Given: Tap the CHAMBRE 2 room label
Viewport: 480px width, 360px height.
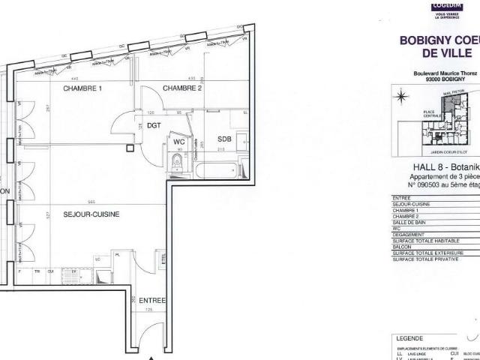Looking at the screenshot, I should (182, 88).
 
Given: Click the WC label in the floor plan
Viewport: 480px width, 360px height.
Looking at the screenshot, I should (179, 141).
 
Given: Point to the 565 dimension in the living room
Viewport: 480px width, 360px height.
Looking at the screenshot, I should (90, 202).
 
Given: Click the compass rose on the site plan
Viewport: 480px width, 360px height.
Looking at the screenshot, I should (400, 97).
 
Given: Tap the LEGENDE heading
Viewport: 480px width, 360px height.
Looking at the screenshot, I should (409, 338).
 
